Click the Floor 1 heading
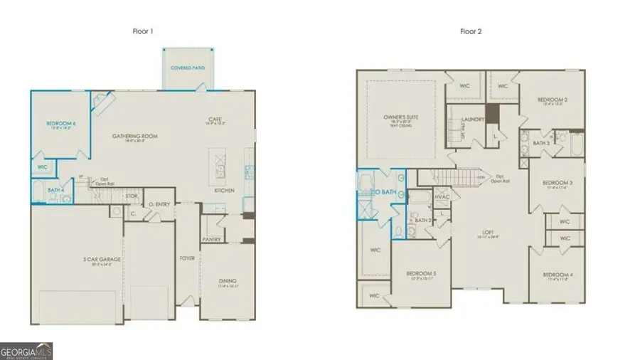point(142,31)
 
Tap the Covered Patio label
point(188,68)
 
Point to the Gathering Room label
point(134,136)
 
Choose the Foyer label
point(187,258)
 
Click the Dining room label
point(228,281)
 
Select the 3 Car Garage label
point(100,259)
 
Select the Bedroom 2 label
point(551,100)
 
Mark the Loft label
point(487,232)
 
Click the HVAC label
point(441,196)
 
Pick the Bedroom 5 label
point(421,274)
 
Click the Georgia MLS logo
point(26,351)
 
